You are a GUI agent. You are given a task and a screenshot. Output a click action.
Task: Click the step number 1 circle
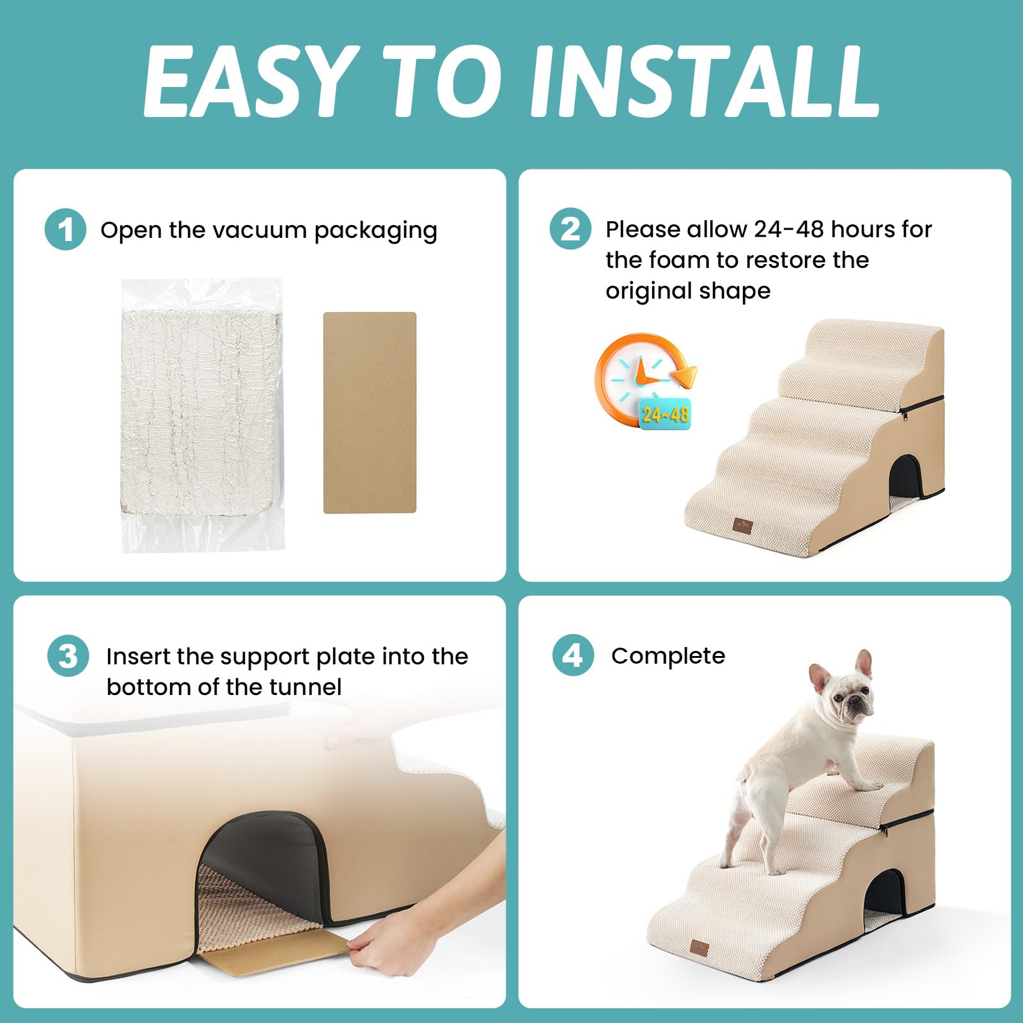tap(65, 230)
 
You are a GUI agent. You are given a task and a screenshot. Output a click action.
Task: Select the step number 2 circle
tap(570, 229)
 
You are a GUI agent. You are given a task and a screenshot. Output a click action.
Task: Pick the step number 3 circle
tap(68, 656)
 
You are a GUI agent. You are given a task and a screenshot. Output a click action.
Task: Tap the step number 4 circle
tap(573, 655)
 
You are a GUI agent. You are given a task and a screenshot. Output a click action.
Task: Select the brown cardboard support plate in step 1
tap(370, 412)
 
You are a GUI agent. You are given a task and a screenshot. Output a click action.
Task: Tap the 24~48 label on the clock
tap(665, 415)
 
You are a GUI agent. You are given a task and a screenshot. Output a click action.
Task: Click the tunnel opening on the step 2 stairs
tap(904, 476)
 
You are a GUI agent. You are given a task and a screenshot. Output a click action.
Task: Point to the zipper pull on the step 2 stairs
tap(905, 416)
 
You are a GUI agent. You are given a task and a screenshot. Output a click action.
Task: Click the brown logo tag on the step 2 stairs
tap(743, 526)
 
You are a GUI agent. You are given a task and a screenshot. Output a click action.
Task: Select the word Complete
tap(668, 656)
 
